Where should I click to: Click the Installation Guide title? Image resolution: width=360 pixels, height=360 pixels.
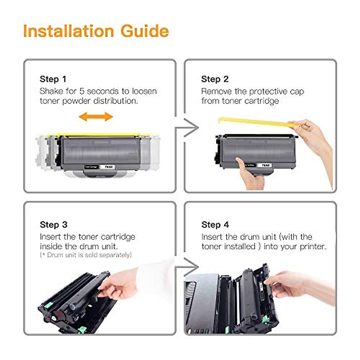(x=96, y=31)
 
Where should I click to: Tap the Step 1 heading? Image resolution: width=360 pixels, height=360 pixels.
(x=53, y=79)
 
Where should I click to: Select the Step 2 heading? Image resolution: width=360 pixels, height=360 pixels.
(x=215, y=79)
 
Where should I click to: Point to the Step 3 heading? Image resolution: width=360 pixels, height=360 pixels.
(x=53, y=225)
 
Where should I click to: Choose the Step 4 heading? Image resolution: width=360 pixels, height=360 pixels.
(x=215, y=225)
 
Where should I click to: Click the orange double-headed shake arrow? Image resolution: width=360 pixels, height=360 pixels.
(x=96, y=117)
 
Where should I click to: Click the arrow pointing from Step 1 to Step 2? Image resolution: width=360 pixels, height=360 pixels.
(x=187, y=128)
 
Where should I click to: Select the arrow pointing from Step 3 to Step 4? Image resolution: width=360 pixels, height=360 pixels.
(x=187, y=266)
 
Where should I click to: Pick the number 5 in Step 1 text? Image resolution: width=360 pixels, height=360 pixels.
(x=82, y=91)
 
